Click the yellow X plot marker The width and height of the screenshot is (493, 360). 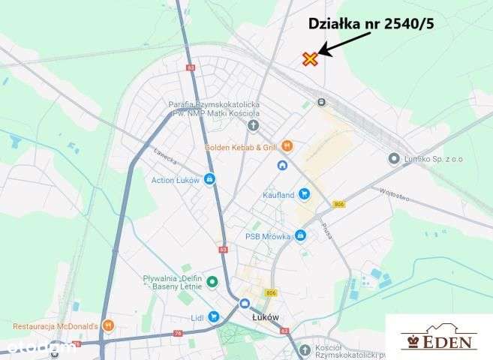[x=311, y=59]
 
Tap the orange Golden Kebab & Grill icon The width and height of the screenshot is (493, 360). [x=287, y=146]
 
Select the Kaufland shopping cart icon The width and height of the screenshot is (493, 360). [x=304, y=193]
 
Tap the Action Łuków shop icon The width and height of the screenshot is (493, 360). [x=209, y=179]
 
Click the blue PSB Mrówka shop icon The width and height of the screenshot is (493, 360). [x=300, y=237]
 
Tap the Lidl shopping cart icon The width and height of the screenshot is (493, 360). [x=214, y=317]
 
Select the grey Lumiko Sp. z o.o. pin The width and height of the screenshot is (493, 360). [x=394, y=158]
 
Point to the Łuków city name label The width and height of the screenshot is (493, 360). [x=266, y=317]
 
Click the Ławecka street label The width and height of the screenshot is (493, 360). [x=165, y=157]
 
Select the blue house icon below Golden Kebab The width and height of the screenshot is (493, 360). [x=282, y=166]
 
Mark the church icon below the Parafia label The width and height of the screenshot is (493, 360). [x=253, y=124]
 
